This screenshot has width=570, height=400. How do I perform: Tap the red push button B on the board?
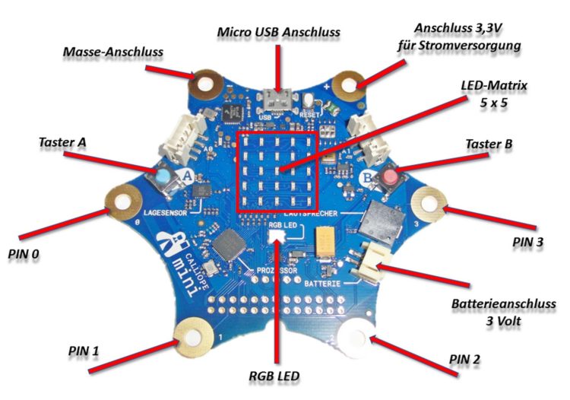click(390, 178)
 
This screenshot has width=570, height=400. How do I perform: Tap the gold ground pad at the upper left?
click(206, 83)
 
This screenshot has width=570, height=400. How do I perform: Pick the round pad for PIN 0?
click(120, 202)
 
